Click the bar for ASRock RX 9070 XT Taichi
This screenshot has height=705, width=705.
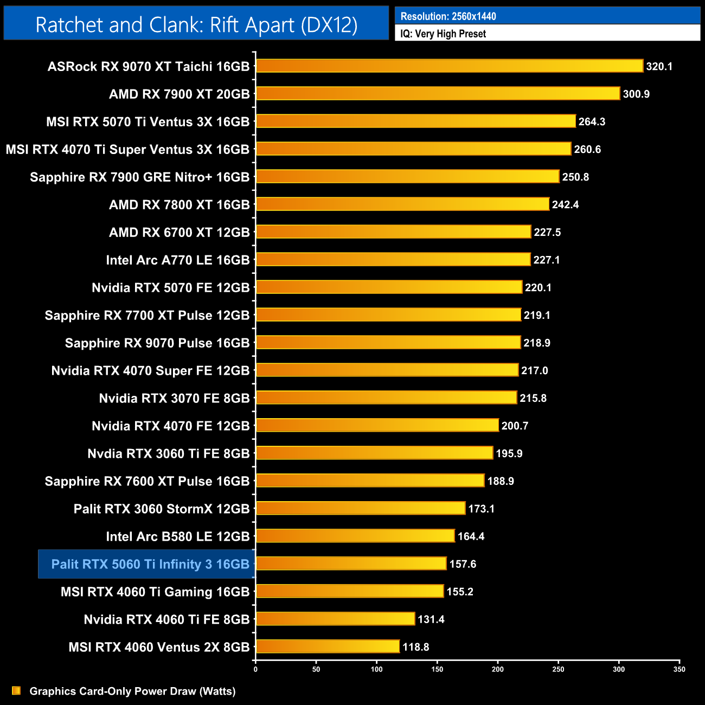[449, 66]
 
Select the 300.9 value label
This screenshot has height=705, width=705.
[636, 94]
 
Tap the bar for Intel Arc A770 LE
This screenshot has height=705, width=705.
[393, 260]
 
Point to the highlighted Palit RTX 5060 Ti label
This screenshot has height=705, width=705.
[150, 564]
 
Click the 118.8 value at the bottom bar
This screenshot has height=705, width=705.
[415, 647]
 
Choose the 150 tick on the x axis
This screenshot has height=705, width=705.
[437, 669]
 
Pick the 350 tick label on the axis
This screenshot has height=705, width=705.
[679, 669]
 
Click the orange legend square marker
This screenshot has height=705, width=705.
[16, 690]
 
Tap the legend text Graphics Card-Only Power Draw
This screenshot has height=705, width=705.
[132, 691]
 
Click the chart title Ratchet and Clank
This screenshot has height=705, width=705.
[196, 24]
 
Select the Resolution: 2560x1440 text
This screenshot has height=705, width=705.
[448, 16]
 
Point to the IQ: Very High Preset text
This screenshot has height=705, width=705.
[443, 34]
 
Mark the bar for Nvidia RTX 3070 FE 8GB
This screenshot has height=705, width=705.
[386, 398]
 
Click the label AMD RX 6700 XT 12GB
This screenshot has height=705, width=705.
[179, 232]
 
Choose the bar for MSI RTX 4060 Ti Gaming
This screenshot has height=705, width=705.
[350, 592]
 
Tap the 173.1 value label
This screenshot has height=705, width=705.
[481, 509]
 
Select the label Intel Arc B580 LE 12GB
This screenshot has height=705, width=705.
[177, 536]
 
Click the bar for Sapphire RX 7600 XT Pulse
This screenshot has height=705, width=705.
[370, 481]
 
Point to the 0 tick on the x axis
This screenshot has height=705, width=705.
[255, 669]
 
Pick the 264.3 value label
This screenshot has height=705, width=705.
[592, 121]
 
